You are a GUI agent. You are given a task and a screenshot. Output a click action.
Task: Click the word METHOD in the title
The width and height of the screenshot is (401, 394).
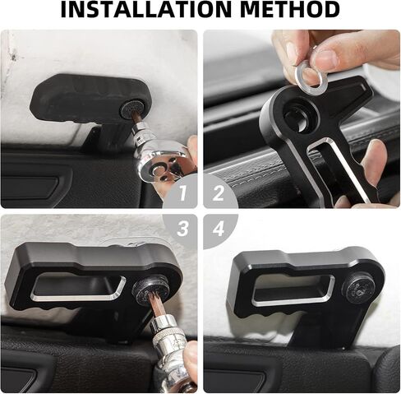[x=290, y=9]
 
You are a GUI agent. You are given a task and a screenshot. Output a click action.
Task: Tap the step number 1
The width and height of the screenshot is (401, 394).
[x=183, y=193]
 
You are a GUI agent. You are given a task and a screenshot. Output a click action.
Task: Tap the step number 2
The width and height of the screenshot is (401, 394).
[x=219, y=193]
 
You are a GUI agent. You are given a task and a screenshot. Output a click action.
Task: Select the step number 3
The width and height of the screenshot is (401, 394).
[x=182, y=228]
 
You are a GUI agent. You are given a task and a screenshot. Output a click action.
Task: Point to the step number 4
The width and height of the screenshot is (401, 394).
[x=219, y=228]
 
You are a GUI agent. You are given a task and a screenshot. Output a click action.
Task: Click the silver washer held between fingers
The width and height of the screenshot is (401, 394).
[x=311, y=77]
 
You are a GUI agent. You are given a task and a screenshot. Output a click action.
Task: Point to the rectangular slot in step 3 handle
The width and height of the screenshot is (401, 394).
[x=77, y=287]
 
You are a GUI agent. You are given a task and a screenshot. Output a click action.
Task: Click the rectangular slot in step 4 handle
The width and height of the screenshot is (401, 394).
[x=293, y=290]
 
